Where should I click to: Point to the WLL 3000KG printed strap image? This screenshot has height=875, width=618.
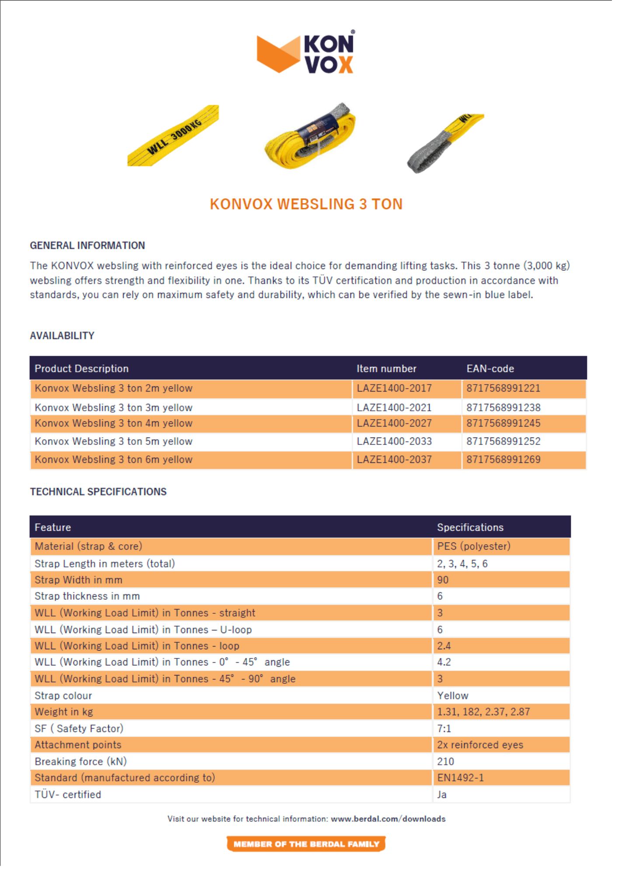click(x=173, y=135)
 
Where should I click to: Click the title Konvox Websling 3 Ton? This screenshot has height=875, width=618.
click(x=306, y=204)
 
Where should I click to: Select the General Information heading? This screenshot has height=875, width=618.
click(x=87, y=245)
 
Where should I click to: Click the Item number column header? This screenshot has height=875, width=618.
click(x=386, y=368)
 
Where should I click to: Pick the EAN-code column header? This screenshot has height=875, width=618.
click(x=490, y=368)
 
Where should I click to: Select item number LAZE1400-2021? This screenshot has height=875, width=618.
click(x=394, y=407)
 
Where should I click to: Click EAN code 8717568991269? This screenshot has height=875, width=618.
click(x=503, y=459)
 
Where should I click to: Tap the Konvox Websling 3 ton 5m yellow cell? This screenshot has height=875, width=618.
click(x=114, y=441)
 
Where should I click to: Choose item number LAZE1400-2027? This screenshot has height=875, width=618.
click(x=394, y=423)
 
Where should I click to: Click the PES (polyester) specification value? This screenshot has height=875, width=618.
click(x=474, y=546)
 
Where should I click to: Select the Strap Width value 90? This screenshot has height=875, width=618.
click(x=443, y=580)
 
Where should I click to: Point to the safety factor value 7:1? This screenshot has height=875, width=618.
click(x=444, y=728)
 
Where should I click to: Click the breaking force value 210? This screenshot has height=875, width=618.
click(x=445, y=761)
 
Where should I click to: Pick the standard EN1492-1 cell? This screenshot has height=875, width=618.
click(x=460, y=777)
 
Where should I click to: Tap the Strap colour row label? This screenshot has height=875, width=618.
click(x=63, y=696)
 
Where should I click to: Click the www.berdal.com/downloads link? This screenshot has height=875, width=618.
click(x=388, y=819)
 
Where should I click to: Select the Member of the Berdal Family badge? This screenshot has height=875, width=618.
click(x=306, y=844)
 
